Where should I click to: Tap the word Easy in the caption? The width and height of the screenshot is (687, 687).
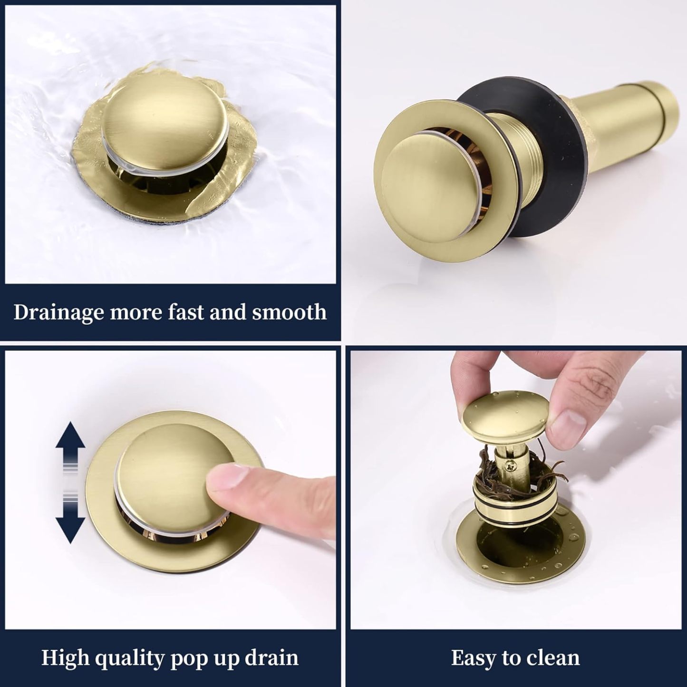[x=473, y=658]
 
